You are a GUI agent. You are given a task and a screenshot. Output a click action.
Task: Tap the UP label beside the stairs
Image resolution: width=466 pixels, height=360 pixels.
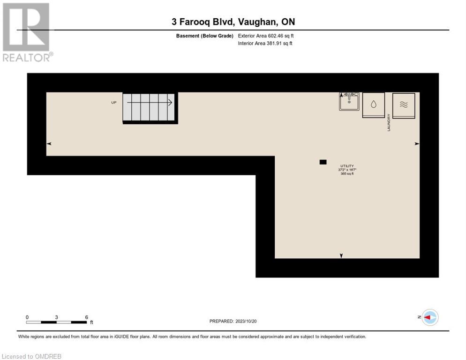pos(114,102)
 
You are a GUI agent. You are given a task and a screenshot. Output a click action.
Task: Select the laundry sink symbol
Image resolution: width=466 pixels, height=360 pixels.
pos(349,101)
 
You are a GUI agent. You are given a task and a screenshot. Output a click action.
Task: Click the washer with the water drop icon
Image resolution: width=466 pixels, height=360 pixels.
pos(373,105)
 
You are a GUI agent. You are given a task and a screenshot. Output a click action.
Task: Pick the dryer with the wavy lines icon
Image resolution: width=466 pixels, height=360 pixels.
pos(403,105)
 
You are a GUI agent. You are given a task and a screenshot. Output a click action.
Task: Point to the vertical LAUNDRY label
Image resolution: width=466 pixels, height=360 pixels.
pos(389,123)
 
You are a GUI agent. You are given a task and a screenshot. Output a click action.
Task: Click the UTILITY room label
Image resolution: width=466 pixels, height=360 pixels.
pos(347,166)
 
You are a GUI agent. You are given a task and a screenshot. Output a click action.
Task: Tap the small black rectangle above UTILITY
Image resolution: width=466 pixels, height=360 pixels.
pos(323,162)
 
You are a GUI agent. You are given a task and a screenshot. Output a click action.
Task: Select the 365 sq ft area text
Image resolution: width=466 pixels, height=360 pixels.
pos(347,173)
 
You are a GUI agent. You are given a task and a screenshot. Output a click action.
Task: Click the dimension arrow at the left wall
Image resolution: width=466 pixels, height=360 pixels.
pos(49,144)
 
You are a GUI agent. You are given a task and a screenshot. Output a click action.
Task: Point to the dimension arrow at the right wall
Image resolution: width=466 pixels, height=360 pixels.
pos(417,144)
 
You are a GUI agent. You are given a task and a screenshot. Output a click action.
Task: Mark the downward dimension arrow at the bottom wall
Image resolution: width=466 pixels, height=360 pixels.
pos(341,255)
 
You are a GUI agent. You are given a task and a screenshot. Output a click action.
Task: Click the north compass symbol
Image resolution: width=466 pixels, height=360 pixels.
pos(429,317)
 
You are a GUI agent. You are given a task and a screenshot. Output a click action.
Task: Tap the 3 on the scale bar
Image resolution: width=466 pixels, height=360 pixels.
pos(56,317)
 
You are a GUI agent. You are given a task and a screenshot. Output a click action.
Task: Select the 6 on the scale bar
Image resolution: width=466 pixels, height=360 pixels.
pos(86,317)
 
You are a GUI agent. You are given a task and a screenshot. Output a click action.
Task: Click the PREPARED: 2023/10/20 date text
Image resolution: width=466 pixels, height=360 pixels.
pos(233,321)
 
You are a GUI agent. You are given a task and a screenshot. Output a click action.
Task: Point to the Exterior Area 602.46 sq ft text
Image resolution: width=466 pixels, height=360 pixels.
pos(266,36)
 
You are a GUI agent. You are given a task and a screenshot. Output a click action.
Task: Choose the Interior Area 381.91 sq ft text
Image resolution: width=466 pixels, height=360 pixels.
pos(265,44)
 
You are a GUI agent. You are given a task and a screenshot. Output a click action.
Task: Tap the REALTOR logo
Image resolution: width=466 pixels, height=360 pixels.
pos(27,32)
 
